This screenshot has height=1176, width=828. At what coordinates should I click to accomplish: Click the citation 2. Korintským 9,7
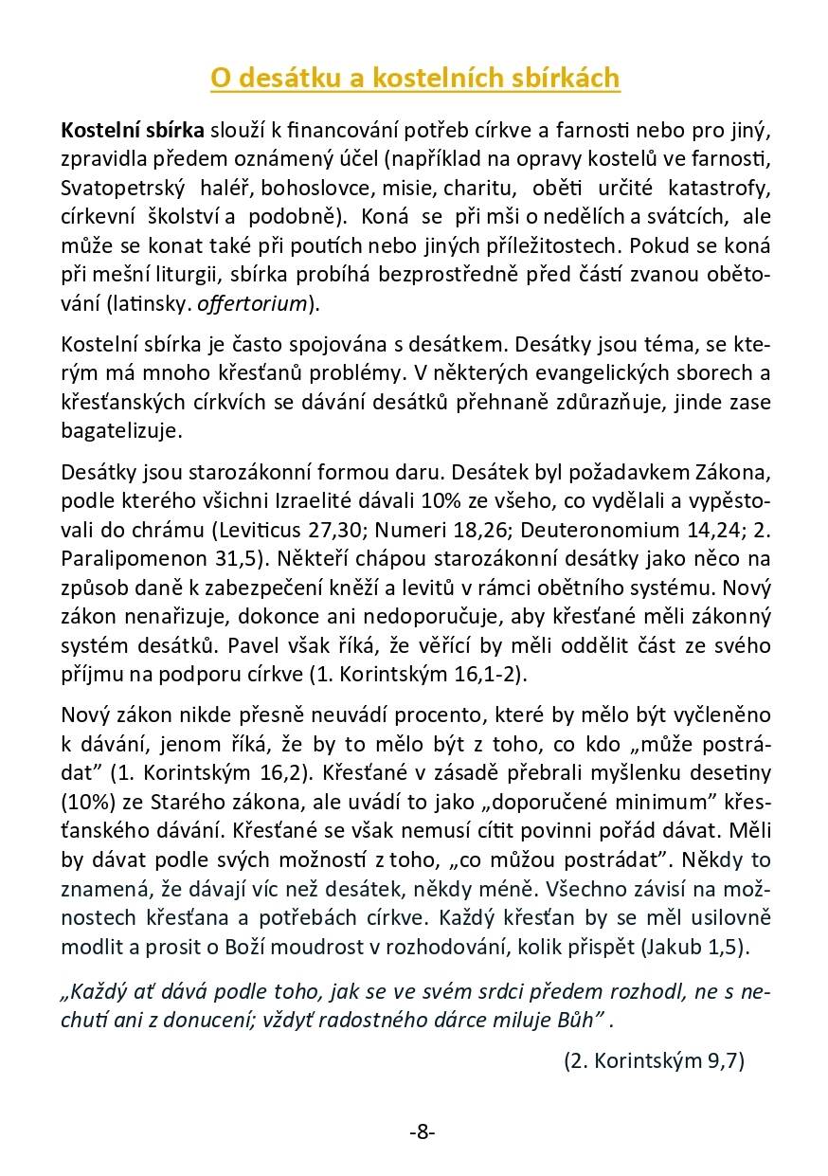point(654,1060)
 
